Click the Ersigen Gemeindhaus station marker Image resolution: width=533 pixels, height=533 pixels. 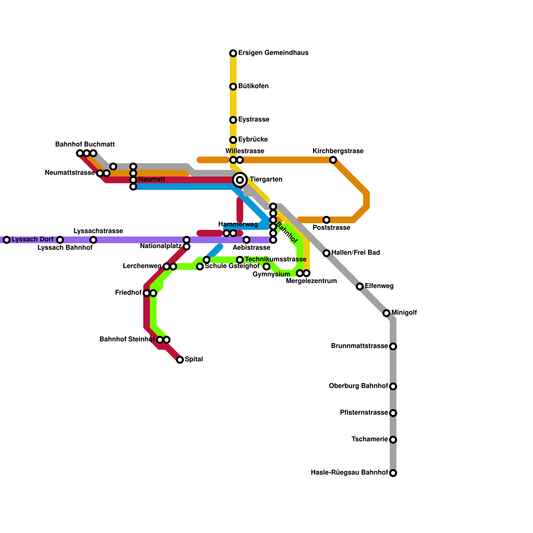pyautogui.click(x=233, y=53)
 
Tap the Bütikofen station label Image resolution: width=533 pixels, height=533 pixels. pyautogui.click(x=253, y=86)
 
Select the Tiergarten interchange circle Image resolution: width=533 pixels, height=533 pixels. pyautogui.click(x=240, y=180)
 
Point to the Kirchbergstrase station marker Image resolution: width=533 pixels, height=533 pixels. pyautogui.click(x=333, y=160)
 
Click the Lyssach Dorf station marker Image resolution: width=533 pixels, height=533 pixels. pyautogui.click(x=7, y=240)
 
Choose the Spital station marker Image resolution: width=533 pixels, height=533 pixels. pyautogui.click(x=180, y=360)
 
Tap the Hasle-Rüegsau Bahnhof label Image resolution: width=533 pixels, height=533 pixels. pyautogui.click(x=349, y=473)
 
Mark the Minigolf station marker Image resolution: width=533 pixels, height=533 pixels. pyautogui.click(x=386, y=313)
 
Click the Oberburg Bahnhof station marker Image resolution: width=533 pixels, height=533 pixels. pyautogui.click(x=393, y=386)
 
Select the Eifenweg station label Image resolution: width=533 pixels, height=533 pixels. pyautogui.click(x=379, y=286)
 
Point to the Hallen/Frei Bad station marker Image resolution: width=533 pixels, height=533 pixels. pyautogui.click(x=326, y=253)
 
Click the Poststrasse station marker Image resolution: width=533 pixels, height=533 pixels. pyautogui.click(x=326, y=220)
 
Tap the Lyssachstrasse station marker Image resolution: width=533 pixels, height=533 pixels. pyautogui.click(x=93, y=240)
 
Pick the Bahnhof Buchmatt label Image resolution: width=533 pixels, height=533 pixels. pyautogui.click(x=85, y=145)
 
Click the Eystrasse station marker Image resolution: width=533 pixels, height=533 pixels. pyautogui.click(x=233, y=120)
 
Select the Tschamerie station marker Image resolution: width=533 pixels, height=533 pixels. pyautogui.click(x=393, y=440)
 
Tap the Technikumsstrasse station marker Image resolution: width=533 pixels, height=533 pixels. pyautogui.click(x=240, y=260)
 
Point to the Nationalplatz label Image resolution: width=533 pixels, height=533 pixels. pyautogui.click(x=161, y=246)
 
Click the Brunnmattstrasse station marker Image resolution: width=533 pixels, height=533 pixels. pyautogui.click(x=393, y=346)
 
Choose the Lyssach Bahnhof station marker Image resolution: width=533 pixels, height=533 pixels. pyautogui.click(x=60, y=240)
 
